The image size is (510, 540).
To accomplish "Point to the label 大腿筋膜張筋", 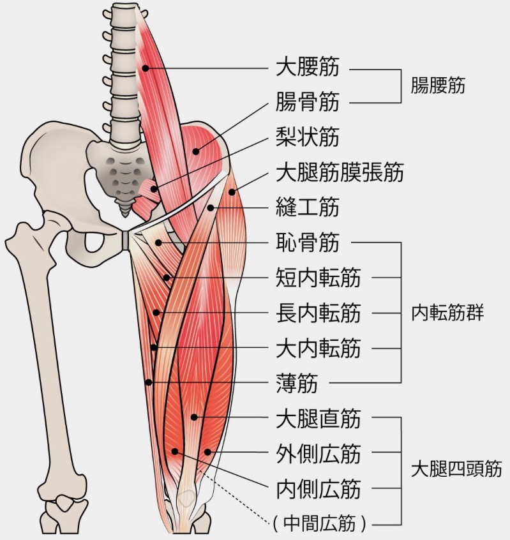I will point(340,172).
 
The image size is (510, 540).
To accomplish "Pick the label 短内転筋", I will point(318,278).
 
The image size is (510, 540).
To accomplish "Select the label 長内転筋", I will point(318,313).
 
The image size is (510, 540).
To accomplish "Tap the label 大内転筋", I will point(318,349).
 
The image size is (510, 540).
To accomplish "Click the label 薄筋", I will point(297,384).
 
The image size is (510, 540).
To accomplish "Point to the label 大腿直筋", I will point(318,419).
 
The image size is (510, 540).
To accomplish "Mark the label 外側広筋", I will point(318,454).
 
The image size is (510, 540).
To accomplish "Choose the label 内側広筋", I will point(318,490).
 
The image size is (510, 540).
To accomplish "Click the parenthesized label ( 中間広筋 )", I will point(319,524).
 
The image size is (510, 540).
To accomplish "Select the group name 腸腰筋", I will point(439,85).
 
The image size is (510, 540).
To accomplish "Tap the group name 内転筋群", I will point(448,313).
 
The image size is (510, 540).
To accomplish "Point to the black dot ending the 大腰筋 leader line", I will point(146,68).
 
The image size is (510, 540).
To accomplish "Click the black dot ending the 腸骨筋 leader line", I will point(197,151).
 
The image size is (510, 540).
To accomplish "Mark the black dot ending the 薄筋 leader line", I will point(148,382).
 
